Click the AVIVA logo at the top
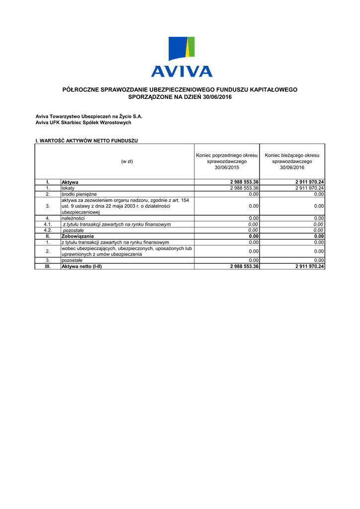181,57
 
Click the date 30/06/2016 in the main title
217,97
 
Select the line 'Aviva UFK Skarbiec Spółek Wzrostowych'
83,122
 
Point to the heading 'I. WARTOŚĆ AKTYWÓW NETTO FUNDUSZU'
87,141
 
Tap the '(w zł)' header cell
127,162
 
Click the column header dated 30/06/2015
226,162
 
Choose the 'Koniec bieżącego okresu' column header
292,162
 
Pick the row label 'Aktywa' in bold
70,182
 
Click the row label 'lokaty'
68,188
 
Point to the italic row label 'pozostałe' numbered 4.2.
73,230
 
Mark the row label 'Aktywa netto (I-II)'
85,266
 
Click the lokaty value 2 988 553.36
244,188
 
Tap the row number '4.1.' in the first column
48,224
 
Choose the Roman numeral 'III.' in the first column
48,266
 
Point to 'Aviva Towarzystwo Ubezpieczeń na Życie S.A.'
89,116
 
